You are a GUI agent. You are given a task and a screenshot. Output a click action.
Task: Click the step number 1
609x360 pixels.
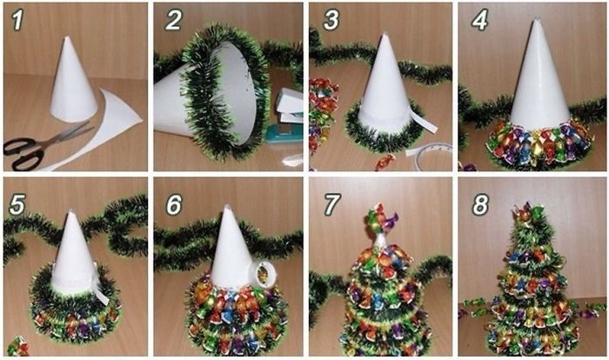pos(17,20)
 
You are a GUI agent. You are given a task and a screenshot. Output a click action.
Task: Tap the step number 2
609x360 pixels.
pos(173,20)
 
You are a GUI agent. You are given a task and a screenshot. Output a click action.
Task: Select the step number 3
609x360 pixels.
pos(331,20)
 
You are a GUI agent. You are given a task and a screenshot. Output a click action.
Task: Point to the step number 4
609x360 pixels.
pos(479,20)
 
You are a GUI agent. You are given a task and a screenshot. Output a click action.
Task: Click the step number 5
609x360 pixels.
pos(17,204)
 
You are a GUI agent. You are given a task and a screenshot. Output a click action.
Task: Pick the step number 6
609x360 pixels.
pos(174,204)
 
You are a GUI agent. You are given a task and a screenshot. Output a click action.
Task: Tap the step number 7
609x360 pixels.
pos(331,204)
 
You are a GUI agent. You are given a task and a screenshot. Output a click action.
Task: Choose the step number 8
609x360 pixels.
pos(480,204)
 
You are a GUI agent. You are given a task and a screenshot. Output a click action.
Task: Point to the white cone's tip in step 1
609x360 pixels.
pos(67,37)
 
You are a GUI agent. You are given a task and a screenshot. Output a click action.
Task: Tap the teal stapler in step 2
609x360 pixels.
pos(284,134)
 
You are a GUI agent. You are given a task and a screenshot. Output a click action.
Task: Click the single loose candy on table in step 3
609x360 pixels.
pos(385,162)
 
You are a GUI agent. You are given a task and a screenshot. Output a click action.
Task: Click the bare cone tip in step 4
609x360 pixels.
pos(537,20)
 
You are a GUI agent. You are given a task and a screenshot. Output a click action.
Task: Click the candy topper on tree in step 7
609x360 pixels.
pos(381,220)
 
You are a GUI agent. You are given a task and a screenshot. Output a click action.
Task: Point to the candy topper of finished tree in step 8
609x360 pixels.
pos(529,214)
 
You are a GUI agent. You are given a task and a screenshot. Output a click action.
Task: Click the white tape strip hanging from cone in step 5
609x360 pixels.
pos(100,287)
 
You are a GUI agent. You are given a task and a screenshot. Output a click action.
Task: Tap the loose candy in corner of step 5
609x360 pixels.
pos(18,346)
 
